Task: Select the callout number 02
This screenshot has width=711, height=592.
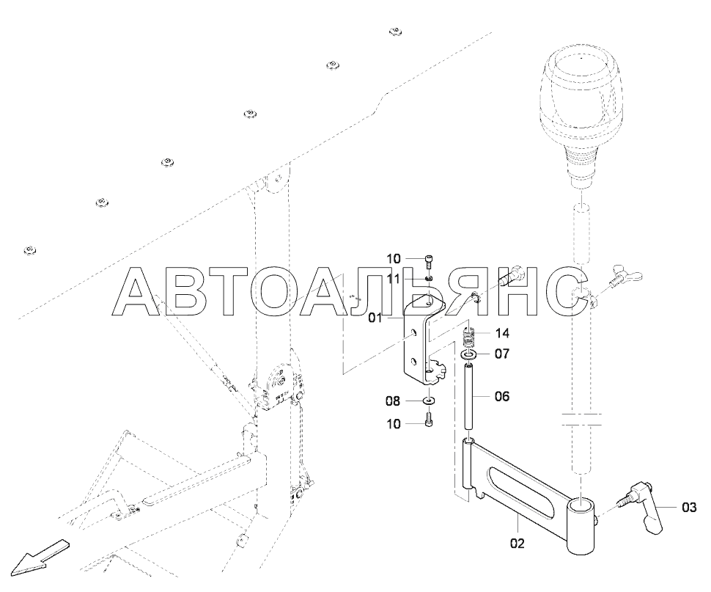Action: [517, 544]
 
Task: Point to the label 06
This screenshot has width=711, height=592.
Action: [501, 396]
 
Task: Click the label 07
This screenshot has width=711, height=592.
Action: [501, 354]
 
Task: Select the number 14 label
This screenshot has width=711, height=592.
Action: [501, 332]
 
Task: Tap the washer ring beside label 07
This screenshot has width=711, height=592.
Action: [468, 356]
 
